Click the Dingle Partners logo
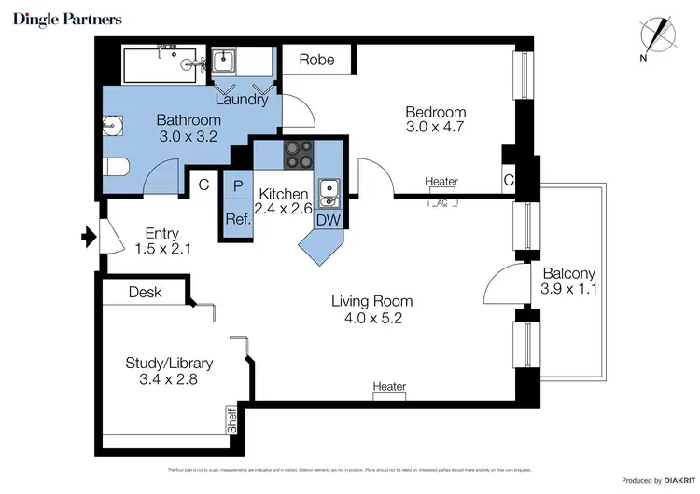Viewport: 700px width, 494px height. (67, 19)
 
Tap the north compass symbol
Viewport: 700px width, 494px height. (664, 34)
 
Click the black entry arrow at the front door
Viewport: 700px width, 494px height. (90, 240)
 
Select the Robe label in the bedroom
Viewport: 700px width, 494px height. (316, 61)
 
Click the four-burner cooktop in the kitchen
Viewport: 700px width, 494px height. (299, 154)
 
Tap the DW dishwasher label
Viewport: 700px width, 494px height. (327, 219)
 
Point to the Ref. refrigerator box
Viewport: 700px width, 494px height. (236, 219)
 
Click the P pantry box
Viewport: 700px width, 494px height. (237, 185)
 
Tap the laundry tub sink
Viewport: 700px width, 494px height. (225, 62)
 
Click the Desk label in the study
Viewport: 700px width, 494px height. (145, 292)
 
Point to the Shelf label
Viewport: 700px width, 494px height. (231, 421)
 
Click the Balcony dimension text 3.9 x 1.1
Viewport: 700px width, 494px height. (568, 290)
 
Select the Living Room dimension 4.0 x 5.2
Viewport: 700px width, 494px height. (372, 319)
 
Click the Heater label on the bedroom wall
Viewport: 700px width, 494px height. (441, 182)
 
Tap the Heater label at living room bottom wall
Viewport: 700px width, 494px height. (389, 387)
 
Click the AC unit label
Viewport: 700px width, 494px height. (441, 202)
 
